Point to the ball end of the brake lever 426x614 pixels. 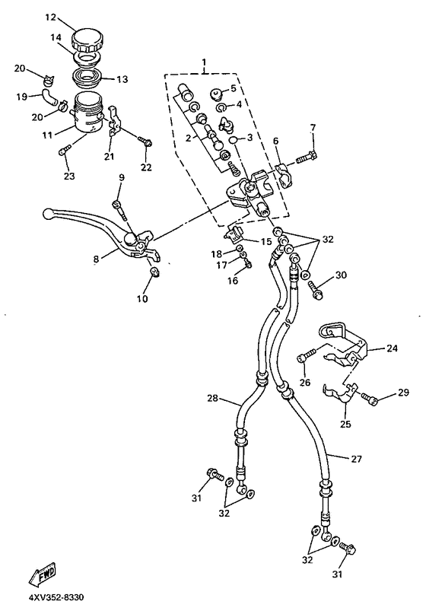[48, 215]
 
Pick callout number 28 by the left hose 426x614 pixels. [214, 398]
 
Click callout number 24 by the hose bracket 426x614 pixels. [391, 349]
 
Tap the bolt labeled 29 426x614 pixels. [367, 397]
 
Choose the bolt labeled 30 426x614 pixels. [316, 288]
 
